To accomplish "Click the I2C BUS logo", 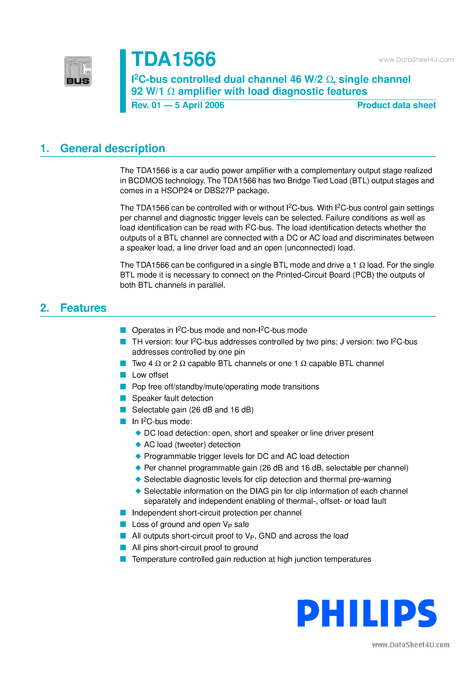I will (x=78, y=71).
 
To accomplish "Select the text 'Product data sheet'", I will (x=396, y=105).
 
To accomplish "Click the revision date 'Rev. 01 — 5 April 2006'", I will (x=178, y=105).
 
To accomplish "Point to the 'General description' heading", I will (x=112, y=148).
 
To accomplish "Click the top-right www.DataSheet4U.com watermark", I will (x=416, y=60).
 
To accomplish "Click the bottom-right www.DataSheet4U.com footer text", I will (x=411, y=645).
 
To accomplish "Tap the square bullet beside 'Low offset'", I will (x=123, y=375).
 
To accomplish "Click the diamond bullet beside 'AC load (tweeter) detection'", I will (x=138, y=444).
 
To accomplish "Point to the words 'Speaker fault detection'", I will (x=172, y=398).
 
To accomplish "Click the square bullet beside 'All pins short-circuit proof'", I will (x=123, y=547).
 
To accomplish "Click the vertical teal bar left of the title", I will (x=123, y=81).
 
